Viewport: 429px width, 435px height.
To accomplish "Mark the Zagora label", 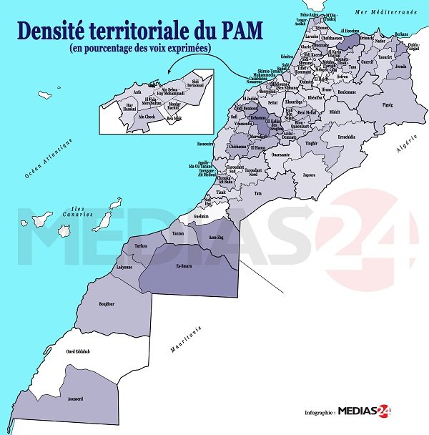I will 309,174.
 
